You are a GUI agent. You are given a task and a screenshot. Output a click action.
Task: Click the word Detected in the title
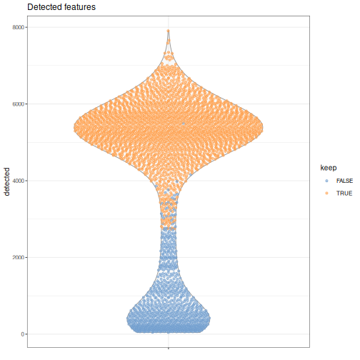(44, 7)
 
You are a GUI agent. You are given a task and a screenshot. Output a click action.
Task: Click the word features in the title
(79, 7)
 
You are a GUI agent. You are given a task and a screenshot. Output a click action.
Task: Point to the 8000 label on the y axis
(19, 27)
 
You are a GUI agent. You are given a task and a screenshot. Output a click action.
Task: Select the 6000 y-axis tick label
(19, 104)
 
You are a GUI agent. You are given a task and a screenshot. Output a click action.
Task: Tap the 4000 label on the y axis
(19, 181)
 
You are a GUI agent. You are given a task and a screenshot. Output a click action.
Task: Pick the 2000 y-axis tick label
(19, 257)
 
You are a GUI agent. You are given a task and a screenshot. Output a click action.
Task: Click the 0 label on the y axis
(23, 334)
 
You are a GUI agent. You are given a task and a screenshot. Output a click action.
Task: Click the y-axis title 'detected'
(7, 181)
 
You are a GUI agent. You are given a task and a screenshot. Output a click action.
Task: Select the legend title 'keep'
(329, 168)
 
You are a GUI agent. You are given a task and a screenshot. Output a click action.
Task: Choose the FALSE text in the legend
(344, 181)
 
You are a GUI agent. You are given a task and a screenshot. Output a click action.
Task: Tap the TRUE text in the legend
(344, 194)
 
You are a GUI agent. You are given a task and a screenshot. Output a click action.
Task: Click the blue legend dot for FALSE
(326, 181)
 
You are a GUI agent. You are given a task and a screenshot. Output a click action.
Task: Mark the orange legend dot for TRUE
(326, 194)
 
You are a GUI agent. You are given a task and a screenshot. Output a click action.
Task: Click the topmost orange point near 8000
(169, 31)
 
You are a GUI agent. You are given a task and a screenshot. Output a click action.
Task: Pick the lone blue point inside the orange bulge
(184, 124)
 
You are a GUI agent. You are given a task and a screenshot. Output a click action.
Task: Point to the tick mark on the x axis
(169, 349)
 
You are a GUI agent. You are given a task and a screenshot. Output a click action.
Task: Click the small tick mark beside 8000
(26, 27)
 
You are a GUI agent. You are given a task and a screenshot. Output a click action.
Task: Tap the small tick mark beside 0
(26, 334)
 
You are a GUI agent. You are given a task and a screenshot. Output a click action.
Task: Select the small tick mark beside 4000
(26, 181)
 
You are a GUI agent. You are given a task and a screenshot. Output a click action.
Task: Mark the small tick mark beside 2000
(26, 257)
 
